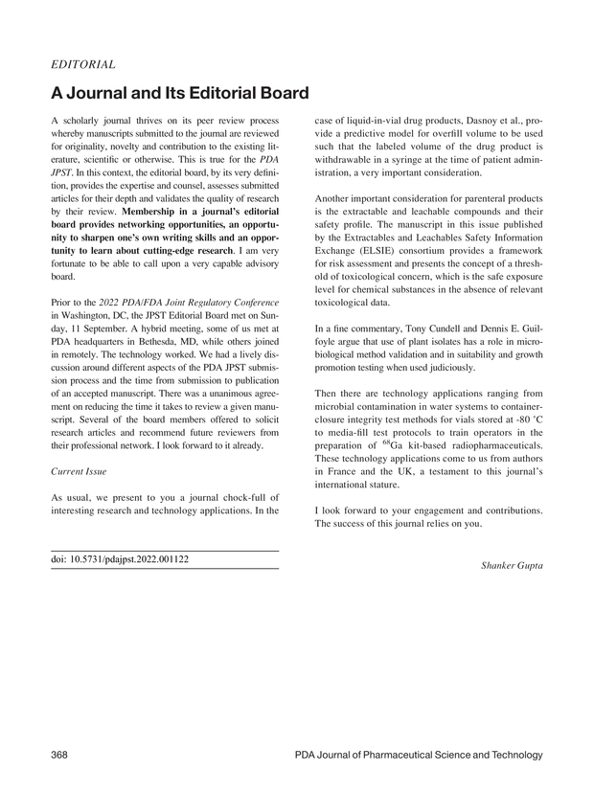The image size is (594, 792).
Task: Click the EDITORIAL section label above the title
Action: (x=82, y=65)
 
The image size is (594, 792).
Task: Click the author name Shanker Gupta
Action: (x=511, y=566)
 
